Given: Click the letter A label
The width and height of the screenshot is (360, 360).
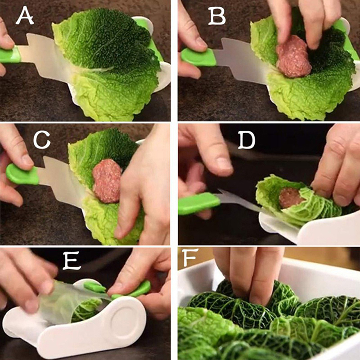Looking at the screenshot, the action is click(25, 15).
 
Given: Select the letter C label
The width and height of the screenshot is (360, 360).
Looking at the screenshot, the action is click(42, 140).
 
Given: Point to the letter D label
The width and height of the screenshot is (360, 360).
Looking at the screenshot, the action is click(246, 140).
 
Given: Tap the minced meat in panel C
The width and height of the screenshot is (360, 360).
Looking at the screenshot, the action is click(107, 181).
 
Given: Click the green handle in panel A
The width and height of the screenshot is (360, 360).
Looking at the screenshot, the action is click(10, 55).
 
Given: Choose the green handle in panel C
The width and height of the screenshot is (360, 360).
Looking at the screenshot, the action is click(22, 175).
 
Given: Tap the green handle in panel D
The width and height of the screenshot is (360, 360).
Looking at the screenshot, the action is click(199, 204).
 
